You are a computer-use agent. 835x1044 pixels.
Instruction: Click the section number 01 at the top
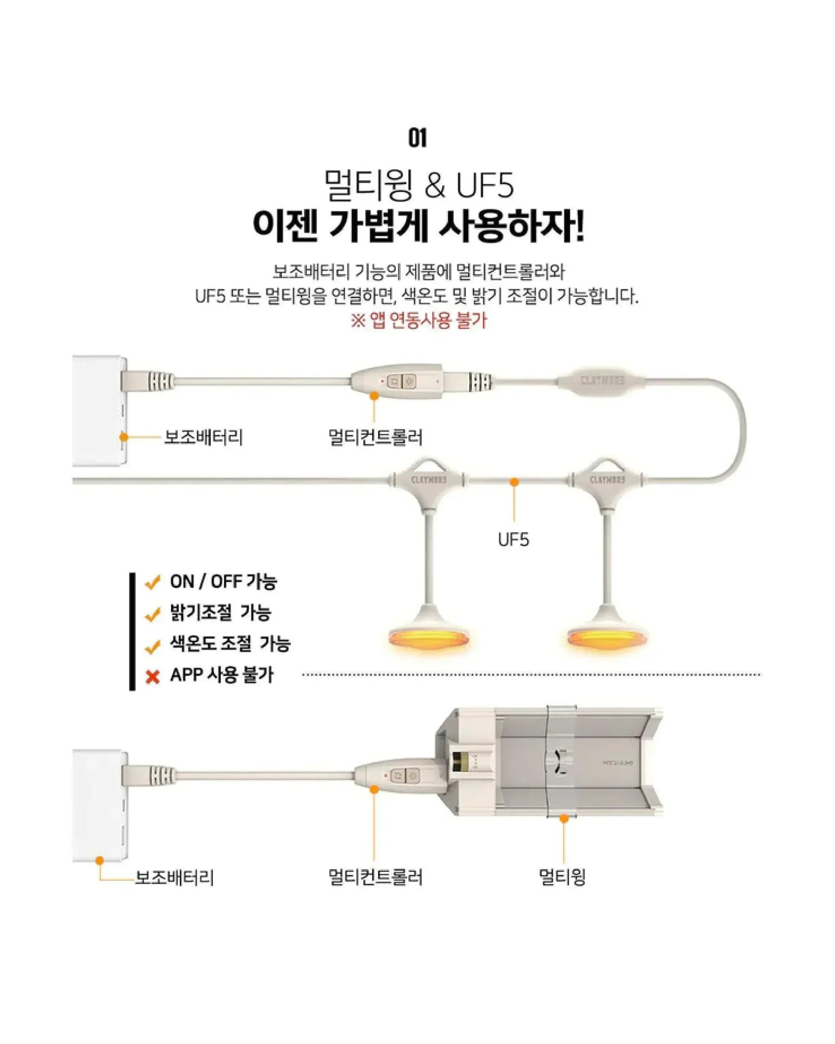pyautogui.click(x=417, y=138)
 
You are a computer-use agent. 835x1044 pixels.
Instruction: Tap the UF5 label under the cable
pyautogui.click(x=514, y=539)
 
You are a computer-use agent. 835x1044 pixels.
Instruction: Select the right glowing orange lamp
pyautogui.click(x=606, y=637)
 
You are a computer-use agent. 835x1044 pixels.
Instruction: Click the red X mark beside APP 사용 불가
pyautogui.click(x=152, y=677)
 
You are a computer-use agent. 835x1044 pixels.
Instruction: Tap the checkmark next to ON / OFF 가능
pyautogui.click(x=152, y=583)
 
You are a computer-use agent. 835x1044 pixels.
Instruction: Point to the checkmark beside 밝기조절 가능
pyautogui.click(x=152, y=614)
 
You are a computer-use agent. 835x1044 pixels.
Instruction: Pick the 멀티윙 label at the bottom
pyautogui.click(x=562, y=877)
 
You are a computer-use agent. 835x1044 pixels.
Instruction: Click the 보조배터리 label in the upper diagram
pyautogui.click(x=203, y=437)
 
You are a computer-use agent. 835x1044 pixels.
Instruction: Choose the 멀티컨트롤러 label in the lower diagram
pyautogui.click(x=375, y=877)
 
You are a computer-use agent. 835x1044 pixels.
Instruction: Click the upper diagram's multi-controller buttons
pyautogui.click(x=402, y=382)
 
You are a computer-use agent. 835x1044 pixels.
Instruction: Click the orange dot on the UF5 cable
pyautogui.click(x=515, y=482)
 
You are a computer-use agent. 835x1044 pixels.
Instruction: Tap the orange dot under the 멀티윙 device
pyautogui.click(x=564, y=819)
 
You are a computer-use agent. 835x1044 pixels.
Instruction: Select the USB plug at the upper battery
pyautogui.click(x=145, y=382)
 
